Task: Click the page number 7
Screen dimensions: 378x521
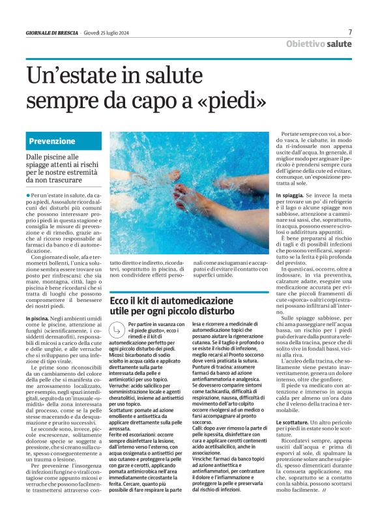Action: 350,31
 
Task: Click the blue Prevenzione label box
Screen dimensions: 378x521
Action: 65,141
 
